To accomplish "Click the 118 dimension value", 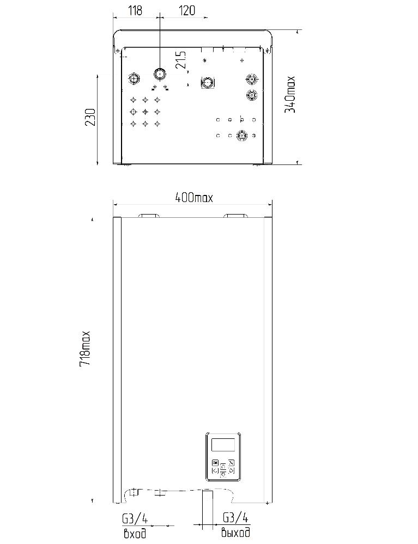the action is pos(135,10).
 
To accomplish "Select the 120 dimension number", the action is pos(187,10).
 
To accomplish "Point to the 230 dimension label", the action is pos(90,117).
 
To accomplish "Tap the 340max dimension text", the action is pos(290,94).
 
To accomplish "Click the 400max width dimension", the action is pos(193,198).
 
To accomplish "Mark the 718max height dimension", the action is pos(84,349).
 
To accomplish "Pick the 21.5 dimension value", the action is pos(181,60).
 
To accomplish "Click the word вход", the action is pos(135,533).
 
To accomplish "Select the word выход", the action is pos(235,532).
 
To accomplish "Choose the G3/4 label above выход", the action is pos(236,518).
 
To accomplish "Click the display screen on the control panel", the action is pos(223,445).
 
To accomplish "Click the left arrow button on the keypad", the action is pos(215,470).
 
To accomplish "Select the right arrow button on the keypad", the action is pos(231,470).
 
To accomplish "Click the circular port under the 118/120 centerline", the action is pos(159,74).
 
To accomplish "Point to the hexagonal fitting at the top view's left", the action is pos(134,79).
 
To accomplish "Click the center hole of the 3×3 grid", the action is pos(145,112).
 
